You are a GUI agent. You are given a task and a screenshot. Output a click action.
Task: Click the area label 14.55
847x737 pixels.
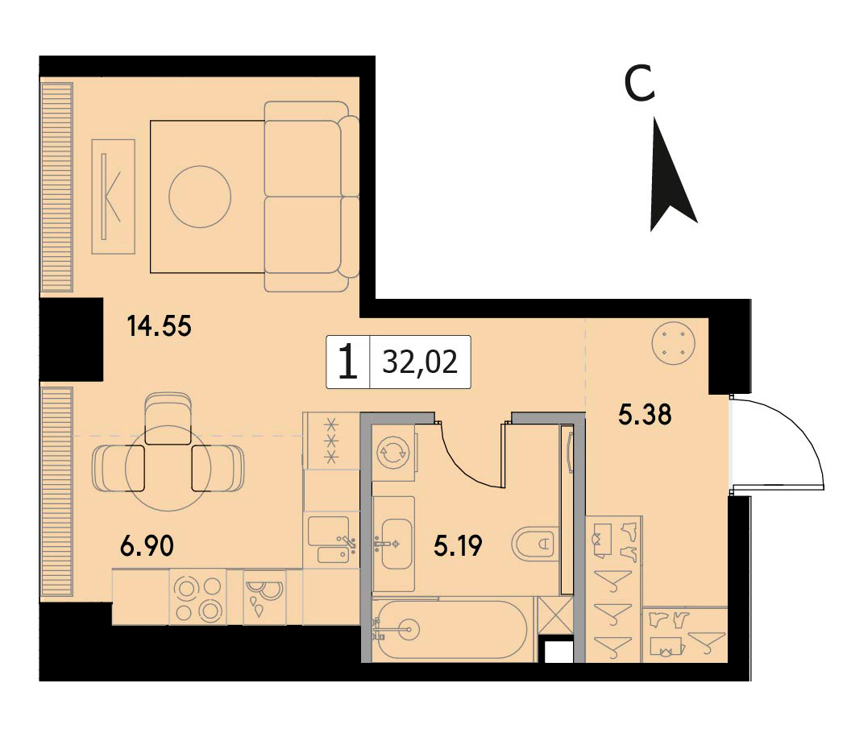coord(159,327)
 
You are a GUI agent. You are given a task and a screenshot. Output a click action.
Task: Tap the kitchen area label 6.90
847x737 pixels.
coord(147,546)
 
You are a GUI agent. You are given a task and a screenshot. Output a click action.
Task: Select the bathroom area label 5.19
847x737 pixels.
coord(458,546)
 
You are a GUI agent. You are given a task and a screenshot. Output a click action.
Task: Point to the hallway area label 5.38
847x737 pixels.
coord(645,415)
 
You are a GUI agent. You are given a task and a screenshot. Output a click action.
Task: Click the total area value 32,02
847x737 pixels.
coord(420,362)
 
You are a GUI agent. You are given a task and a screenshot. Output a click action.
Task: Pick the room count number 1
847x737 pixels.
coord(348,362)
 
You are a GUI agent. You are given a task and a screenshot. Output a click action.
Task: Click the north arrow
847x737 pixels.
coord(671,175)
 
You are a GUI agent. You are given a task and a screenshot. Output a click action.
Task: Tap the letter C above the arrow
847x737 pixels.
coord(640,84)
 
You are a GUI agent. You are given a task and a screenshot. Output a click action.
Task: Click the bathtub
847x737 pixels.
coord(453,629)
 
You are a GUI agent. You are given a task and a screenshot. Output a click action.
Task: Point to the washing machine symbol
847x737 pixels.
coord(393,453)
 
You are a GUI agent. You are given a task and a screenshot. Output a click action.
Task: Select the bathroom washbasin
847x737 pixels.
coord(394,544)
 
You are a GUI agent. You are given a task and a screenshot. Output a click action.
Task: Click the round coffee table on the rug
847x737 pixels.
coord(200,197)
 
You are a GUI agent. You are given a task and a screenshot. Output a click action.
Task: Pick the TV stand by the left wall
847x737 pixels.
coord(113,196)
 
